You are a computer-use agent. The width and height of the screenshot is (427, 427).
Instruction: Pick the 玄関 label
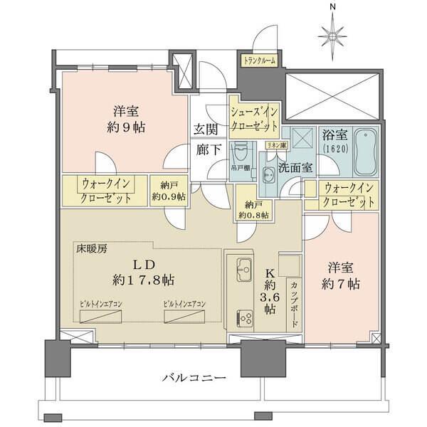click(206, 130)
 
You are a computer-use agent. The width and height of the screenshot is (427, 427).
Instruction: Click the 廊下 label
click(206, 150)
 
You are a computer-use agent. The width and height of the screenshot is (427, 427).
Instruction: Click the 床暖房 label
click(92, 249)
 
